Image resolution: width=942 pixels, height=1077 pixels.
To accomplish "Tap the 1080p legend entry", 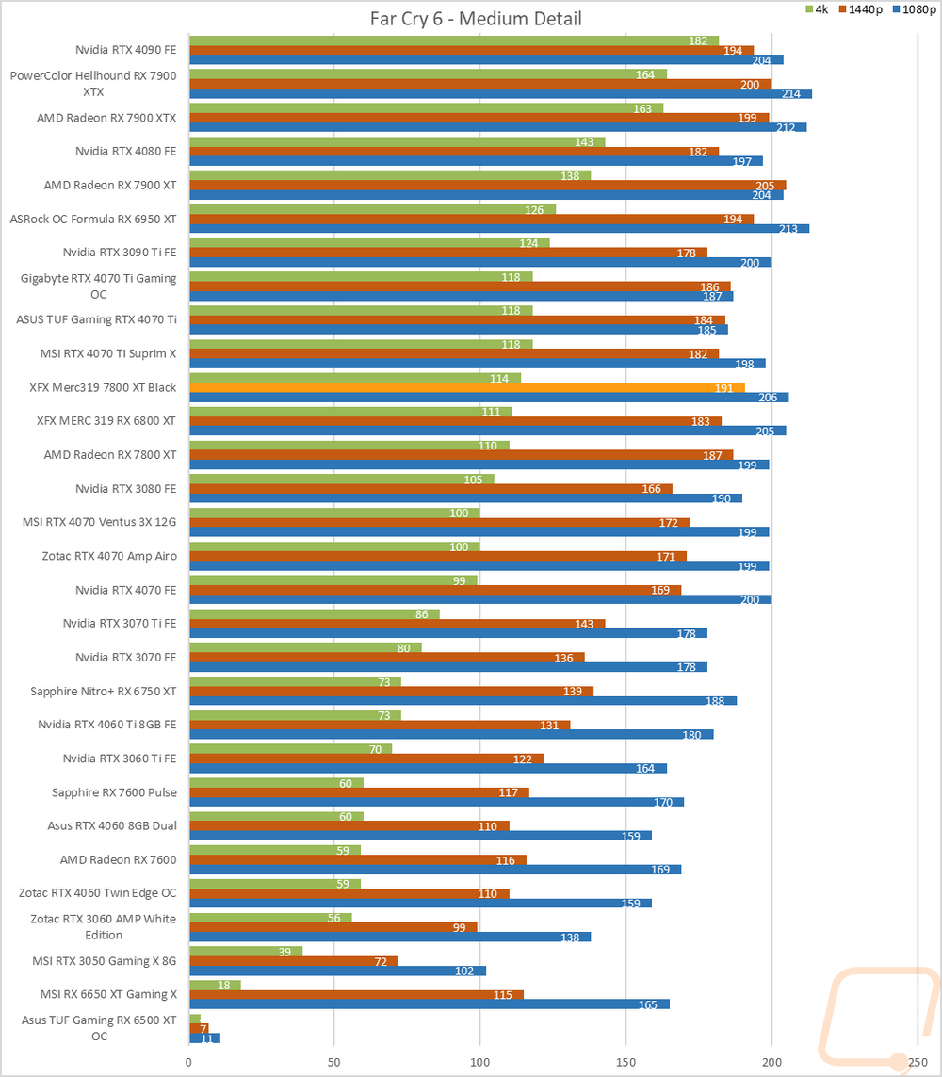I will [x=913, y=9].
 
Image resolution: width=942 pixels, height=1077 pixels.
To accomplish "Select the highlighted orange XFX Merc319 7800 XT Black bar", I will [x=466, y=387].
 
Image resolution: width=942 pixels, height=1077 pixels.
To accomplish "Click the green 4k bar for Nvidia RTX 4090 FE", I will [x=453, y=41].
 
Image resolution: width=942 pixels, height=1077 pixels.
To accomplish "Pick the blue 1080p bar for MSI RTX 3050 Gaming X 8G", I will [x=337, y=971].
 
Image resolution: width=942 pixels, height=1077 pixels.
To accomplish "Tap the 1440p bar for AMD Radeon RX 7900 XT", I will [x=487, y=186].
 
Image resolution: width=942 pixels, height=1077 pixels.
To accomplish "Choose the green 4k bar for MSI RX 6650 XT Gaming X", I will [x=215, y=985].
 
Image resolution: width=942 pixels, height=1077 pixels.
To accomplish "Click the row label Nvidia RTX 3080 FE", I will [x=125, y=489].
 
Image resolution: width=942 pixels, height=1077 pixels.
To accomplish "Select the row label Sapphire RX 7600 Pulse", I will [x=114, y=792].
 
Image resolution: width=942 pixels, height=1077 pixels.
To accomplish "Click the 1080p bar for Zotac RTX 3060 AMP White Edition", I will [x=390, y=937].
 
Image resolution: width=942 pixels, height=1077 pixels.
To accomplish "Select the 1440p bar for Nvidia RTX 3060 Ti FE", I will [x=366, y=759].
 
